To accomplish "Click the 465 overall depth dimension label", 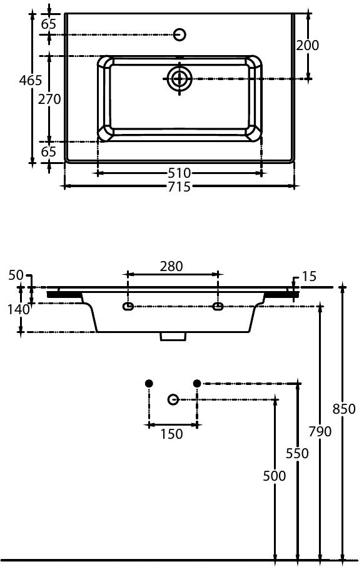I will point(30,80).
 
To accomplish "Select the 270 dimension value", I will point(49,99).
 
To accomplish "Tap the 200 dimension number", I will point(307,45).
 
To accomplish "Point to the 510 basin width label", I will point(179,173).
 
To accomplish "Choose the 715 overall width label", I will point(179,187).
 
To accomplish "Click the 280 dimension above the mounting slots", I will point(171,266).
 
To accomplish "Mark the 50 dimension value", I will point(16,276).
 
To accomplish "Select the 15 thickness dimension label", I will point(308,276).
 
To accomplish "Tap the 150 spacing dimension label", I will point(171,434).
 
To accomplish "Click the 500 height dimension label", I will point(273,476).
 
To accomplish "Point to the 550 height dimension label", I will point(297,453).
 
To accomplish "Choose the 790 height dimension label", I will point(320,431).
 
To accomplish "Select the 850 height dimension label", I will point(344,409).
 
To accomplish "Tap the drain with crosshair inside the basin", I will point(179,78).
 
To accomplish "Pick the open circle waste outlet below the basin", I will point(173,399).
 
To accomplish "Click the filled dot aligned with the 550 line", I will point(197,383).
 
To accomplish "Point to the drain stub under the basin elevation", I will point(173,337).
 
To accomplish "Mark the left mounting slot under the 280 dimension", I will point(128,307).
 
